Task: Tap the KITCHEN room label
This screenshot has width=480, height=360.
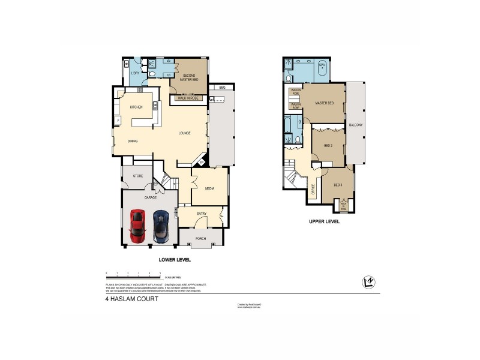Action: click(136, 107)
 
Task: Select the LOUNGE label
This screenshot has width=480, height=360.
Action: click(184, 133)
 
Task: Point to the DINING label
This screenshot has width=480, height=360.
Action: click(133, 141)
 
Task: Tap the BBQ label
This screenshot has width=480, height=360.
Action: click(221, 88)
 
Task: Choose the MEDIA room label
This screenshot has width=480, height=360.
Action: click(209, 188)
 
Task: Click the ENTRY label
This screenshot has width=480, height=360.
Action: click(201, 213)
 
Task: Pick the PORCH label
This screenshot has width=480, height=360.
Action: click(200, 238)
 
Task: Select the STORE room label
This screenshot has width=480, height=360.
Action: click(137, 176)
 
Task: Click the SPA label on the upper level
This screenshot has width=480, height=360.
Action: click(322, 64)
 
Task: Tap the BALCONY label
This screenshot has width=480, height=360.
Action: click(355, 125)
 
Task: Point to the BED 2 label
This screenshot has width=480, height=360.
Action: click(328, 146)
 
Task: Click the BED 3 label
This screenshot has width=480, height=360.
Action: click(337, 185)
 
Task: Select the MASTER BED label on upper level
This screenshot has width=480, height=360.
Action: click(324, 103)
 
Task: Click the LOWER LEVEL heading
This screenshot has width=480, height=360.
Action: click(174, 260)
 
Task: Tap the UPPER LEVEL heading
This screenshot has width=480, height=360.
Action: click(325, 221)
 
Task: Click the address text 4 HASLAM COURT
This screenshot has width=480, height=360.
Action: click(131, 299)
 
